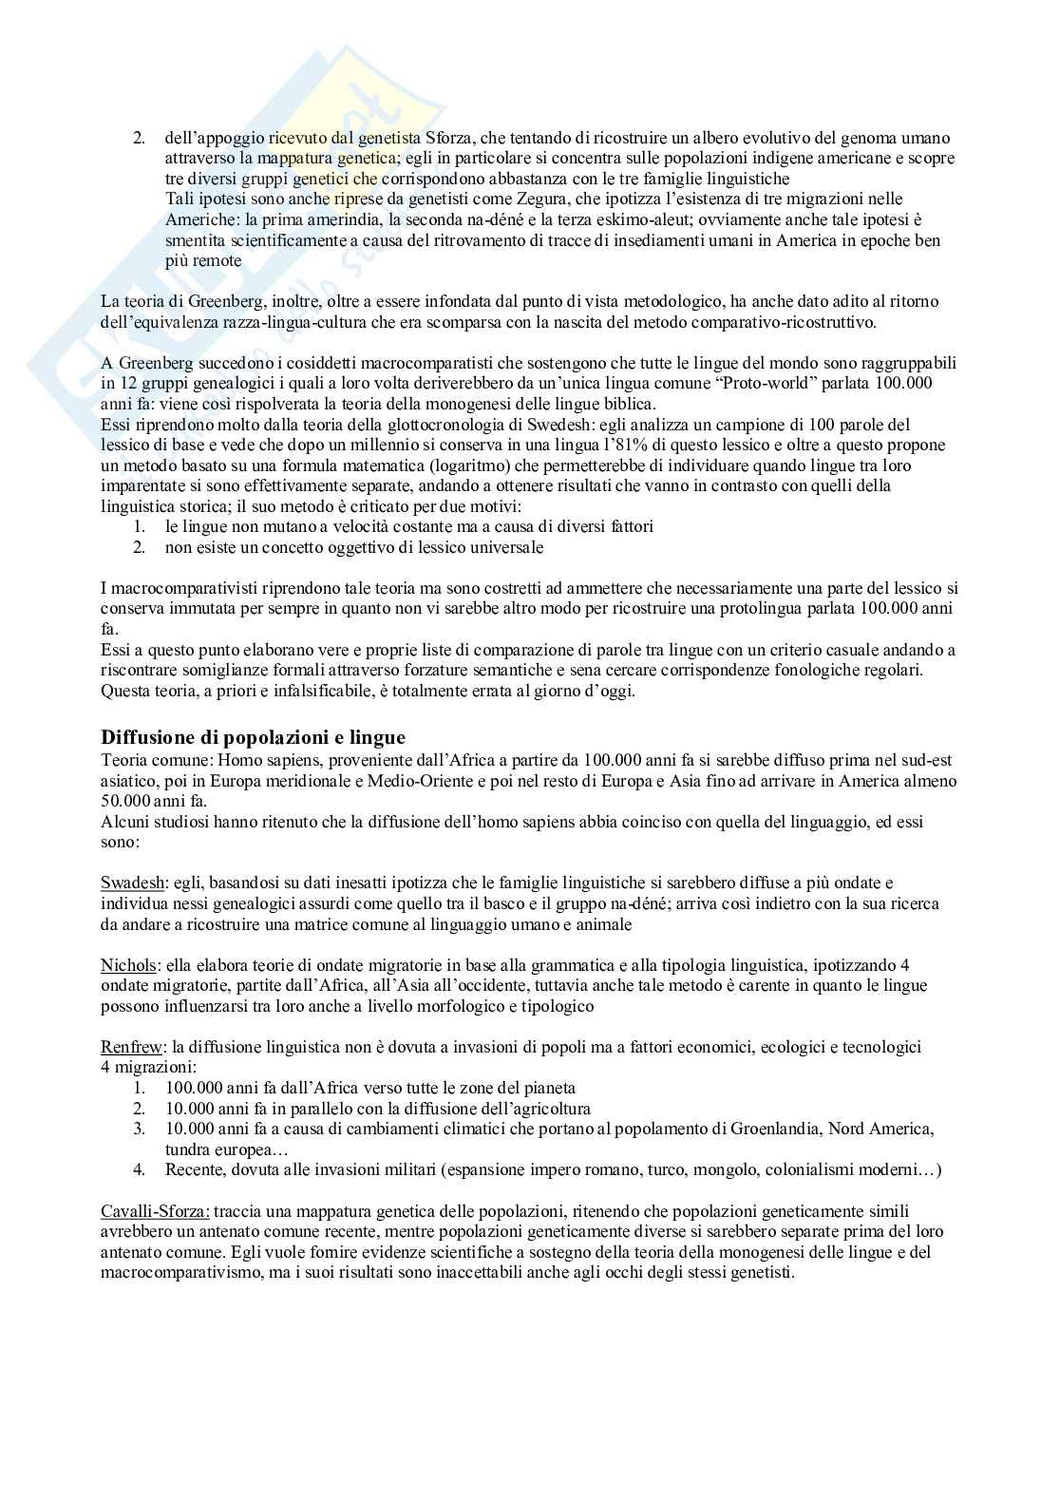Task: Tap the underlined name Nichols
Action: coord(128,965)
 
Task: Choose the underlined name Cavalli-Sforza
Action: coord(156,1211)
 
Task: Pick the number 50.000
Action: coord(126,801)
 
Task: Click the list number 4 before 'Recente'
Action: coord(139,1169)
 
